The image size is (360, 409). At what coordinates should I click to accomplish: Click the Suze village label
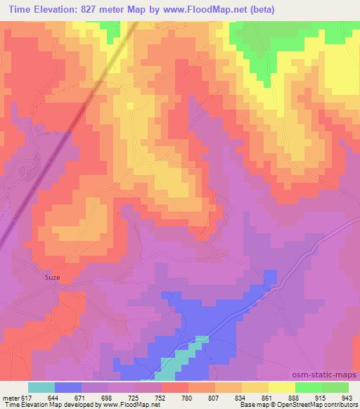[53, 278]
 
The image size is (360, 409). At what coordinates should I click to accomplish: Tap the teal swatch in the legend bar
[41, 387]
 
